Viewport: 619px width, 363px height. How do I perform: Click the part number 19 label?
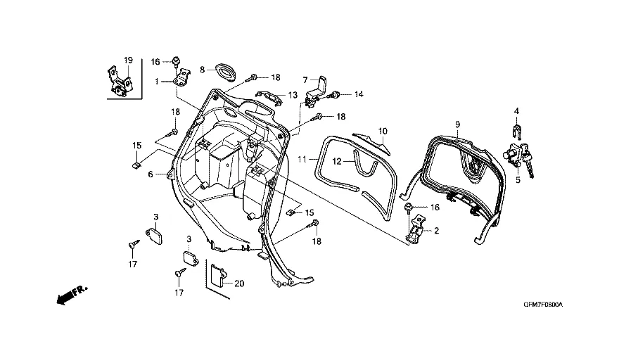coord(129,59)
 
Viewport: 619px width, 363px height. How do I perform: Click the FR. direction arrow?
coord(69,294)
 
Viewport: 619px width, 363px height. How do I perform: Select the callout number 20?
coord(239,284)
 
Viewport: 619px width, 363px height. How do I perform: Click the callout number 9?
coord(457,124)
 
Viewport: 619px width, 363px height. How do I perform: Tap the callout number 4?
coord(516,110)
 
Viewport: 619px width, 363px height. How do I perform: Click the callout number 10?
coord(383,131)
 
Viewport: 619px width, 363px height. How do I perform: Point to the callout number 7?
coord(306,79)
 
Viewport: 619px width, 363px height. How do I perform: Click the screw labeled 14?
coord(338,94)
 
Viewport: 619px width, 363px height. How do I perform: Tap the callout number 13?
coord(292,95)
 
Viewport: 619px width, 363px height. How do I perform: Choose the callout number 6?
coord(150,174)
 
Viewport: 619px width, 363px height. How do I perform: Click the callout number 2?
coord(436,231)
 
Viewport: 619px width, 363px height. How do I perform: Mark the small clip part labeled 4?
coord(516,129)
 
